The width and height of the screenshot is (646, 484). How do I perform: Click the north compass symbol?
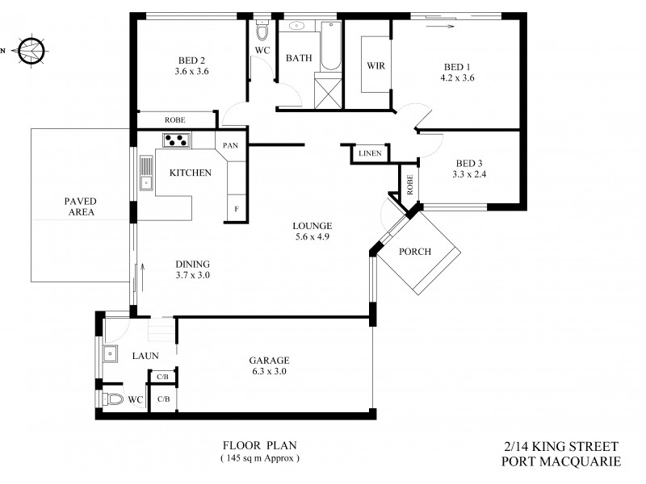[31, 49]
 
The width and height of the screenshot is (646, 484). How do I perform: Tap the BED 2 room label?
[191, 60]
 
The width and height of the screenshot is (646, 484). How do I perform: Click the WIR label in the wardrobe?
[375, 65]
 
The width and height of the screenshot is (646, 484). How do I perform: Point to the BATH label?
[298, 57]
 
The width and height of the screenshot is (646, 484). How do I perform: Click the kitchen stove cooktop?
[176, 140]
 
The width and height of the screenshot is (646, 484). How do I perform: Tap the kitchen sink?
[146, 172]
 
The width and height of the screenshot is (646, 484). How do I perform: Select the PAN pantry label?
[229, 145]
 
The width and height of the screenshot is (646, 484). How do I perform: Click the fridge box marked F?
[237, 208]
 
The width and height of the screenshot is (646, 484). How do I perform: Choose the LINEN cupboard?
[370, 153]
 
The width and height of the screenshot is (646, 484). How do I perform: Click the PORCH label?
[415, 251]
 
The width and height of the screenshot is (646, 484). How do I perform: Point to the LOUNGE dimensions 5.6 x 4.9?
[313, 237]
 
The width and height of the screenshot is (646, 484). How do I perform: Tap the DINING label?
[192, 264]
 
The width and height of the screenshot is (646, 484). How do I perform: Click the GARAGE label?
[269, 360]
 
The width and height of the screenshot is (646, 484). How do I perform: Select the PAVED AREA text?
[81, 207]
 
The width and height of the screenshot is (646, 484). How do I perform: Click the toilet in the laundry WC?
[113, 398]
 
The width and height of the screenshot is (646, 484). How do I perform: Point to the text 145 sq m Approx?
[259, 458]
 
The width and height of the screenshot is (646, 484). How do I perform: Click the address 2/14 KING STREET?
[560, 446]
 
